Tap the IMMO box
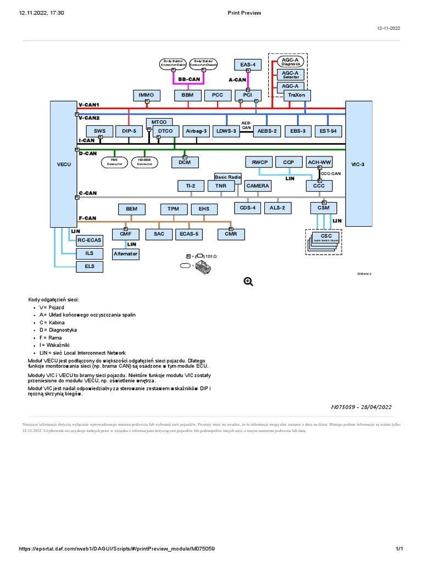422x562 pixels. coord(147,95)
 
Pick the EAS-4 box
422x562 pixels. coord(248,65)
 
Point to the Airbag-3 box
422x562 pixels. coord(196,131)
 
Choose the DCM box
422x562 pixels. coord(185,162)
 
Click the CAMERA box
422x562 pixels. coord(258,186)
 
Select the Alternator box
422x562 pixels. coord(126,254)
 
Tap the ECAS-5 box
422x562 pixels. coord(188,234)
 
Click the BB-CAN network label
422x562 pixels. coord(188,80)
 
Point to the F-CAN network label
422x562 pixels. coord(88,218)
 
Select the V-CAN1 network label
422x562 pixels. coord(89,104)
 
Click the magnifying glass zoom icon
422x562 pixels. coord(248,282)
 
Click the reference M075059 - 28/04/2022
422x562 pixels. coord(361,407)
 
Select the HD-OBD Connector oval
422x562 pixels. coord(145,162)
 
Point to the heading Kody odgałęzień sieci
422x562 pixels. coord(54,299)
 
